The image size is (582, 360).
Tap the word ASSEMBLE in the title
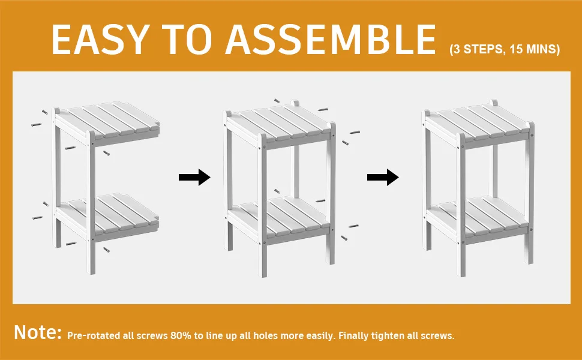point(331,40)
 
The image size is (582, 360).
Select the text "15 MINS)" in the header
point(535,49)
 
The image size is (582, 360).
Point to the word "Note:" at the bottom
point(37,332)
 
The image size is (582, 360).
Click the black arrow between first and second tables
point(194,178)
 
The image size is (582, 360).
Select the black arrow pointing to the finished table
point(383,178)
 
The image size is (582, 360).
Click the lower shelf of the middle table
point(279,218)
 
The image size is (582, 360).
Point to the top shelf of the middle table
point(279,124)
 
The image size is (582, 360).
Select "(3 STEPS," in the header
point(478,49)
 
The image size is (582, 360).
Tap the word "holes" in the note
point(264,336)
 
